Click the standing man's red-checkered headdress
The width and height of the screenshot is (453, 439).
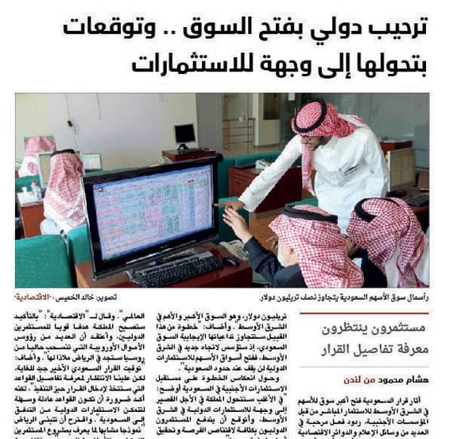coord(321,120)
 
